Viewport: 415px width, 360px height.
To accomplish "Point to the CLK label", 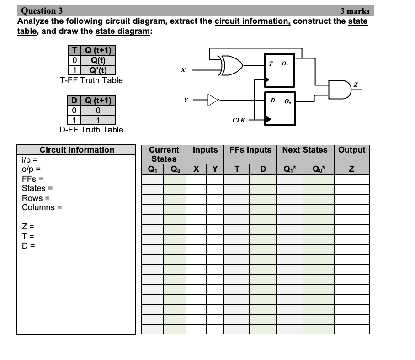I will coord(238,121).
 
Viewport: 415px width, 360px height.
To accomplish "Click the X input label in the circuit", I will coord(183,70).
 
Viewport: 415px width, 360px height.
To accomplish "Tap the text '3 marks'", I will coord(355,11).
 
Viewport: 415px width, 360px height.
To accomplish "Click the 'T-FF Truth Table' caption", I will coord(91,80).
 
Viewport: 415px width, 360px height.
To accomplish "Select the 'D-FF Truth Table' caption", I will coord(91,130).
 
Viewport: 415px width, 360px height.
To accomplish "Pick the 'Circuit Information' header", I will coord(77,150).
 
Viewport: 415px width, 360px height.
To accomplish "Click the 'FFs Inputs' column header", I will coord(250,150).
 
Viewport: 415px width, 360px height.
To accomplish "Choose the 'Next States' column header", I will coord(305,150).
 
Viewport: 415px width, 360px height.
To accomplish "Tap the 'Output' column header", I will coord(352,150).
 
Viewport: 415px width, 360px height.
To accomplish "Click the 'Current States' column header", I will coord(164,154).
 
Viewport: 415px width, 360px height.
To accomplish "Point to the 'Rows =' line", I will coord(34,198).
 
